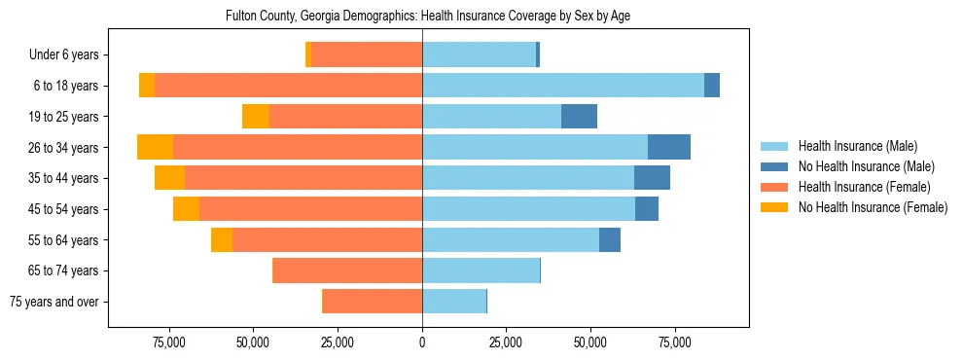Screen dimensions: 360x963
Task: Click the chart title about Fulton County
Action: click(x=428, y=17)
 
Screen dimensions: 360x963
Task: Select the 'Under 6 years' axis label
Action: click(x=69, y=54)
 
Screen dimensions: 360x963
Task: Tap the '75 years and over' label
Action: click(x=54, y=302)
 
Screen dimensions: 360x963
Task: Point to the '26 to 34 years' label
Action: click(x=65, y=148)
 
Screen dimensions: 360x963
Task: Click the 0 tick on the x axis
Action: click(x=422, y=343)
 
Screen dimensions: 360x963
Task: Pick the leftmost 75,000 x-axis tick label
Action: click(x=168, y=343)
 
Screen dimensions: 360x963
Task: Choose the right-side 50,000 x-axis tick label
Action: click(x=590, y=343)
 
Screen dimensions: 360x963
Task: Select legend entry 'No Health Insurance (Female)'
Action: click(x=873, y=206)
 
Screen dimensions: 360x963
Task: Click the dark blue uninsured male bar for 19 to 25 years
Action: click(x=579, y=117)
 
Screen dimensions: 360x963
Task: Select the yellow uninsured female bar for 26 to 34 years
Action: click(x=155, y=147)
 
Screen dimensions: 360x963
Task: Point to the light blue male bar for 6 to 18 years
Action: click(x=562, y=86)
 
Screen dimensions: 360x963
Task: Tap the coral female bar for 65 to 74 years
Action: click(x=347, y=270)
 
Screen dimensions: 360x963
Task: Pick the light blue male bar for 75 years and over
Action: click(x=454, y=302)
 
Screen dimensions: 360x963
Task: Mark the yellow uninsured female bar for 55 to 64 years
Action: click(x=222, y=240)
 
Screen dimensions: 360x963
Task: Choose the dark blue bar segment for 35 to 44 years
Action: click(x=652, y=178)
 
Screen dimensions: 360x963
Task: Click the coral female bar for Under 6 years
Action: click(x=367, y=54)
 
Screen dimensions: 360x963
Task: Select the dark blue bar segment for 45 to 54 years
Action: click(x=647, y=209)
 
